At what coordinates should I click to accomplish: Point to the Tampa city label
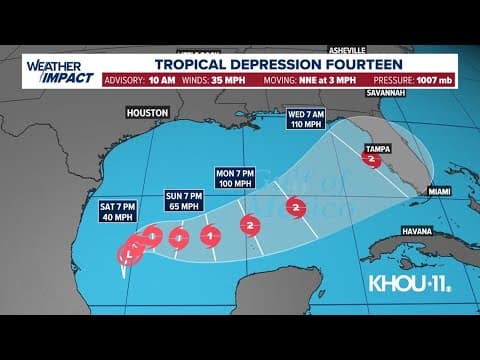[x=378, y=146]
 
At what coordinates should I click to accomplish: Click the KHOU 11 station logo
[x=410, y=282]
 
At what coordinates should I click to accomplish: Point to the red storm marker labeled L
[x=126, y=256]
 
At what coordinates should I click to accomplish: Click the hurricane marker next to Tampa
[x=372, y=159]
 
